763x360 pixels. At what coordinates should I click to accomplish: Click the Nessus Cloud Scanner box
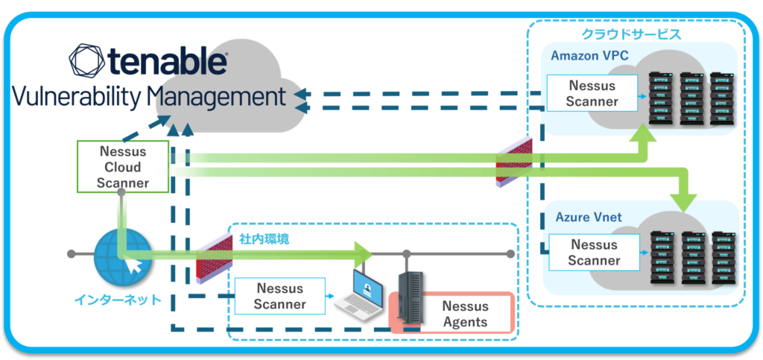point(122,167)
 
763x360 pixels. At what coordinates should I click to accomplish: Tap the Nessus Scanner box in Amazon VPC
point(592,93)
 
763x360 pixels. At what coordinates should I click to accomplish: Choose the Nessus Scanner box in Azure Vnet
point(593,252)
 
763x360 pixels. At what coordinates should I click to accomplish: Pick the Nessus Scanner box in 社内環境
point(279,296)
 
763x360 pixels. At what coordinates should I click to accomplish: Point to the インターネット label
point(118,300)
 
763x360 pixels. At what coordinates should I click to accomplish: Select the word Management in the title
point(216,97)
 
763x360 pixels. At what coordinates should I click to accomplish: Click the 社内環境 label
point(264,240)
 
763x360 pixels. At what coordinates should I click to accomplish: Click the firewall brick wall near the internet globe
point(211,257)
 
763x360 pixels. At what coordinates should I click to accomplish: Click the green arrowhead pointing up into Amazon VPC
point(643,133)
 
